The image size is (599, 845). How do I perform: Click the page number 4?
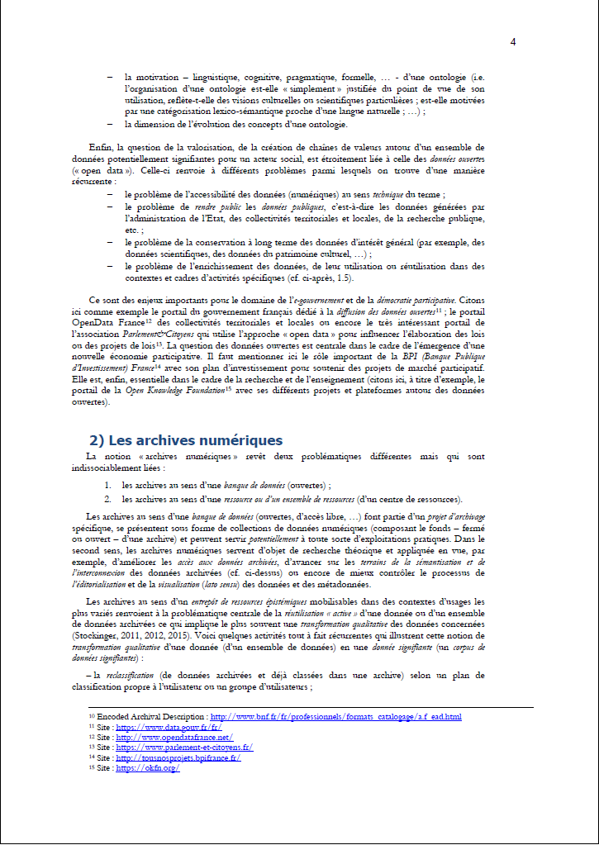tap(513, 42)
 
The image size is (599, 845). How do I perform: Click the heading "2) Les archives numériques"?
tap(185, 439)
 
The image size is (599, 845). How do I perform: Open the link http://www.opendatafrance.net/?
tap(174, 737)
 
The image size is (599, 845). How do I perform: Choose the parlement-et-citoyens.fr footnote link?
tap(184, 747)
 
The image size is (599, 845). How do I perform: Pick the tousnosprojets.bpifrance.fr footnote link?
tap(178, 757)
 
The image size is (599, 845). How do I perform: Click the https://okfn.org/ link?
tap(148, 767)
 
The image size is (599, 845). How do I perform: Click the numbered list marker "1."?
tap(108, 486)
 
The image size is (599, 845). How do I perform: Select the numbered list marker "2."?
tap(108, 499)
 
